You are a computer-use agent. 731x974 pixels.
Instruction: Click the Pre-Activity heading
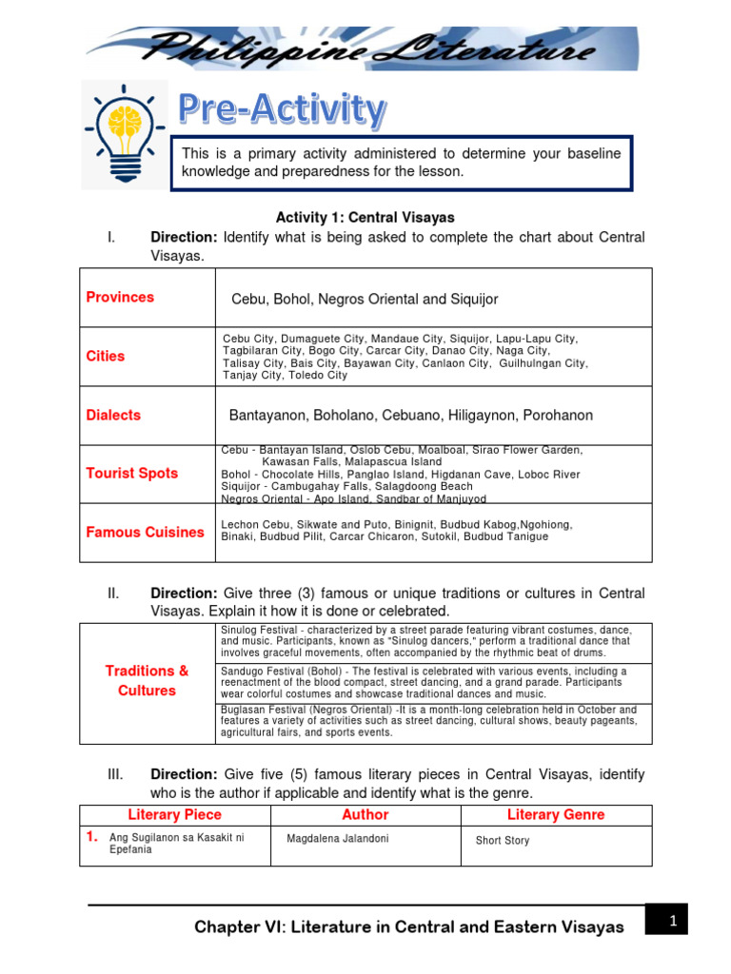pyautogui.click(x=283, y=110)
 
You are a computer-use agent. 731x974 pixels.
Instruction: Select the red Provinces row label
pyautogui.click(x=120, y=297)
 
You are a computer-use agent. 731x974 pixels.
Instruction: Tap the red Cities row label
pyautogui.click(x=106, y=356)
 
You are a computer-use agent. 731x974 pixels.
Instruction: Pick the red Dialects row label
pyautogui.click(x=113, y=415)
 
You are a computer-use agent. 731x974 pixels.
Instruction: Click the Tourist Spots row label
pyautogui.click(x=132, y=473)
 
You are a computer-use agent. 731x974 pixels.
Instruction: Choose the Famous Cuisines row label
pyautogui.click(x=145, y=532)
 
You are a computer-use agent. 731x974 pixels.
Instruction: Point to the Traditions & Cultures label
pyautogui.click(x=147, y=681)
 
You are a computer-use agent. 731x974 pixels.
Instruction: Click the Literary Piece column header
pyautogui.click(x=174, y=814)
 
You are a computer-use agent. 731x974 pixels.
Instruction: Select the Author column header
pyautogui.click(x=365, y=814)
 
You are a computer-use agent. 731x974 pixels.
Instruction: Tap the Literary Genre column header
pyautogui.click(x=556, y=814)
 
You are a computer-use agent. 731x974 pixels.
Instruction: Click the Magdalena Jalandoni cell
pyautogui.click(x=338, y=839)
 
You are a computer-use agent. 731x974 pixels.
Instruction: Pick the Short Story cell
pyautogui.click(x=503, y=841)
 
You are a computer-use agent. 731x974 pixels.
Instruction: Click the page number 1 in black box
pyautogui.click(x=671, y=920)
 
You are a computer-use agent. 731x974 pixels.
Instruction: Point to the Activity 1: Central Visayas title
pyautogui.click(x=365, y=218)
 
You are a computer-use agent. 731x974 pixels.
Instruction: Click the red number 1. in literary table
pyautogui.click(x=92, y=837)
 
